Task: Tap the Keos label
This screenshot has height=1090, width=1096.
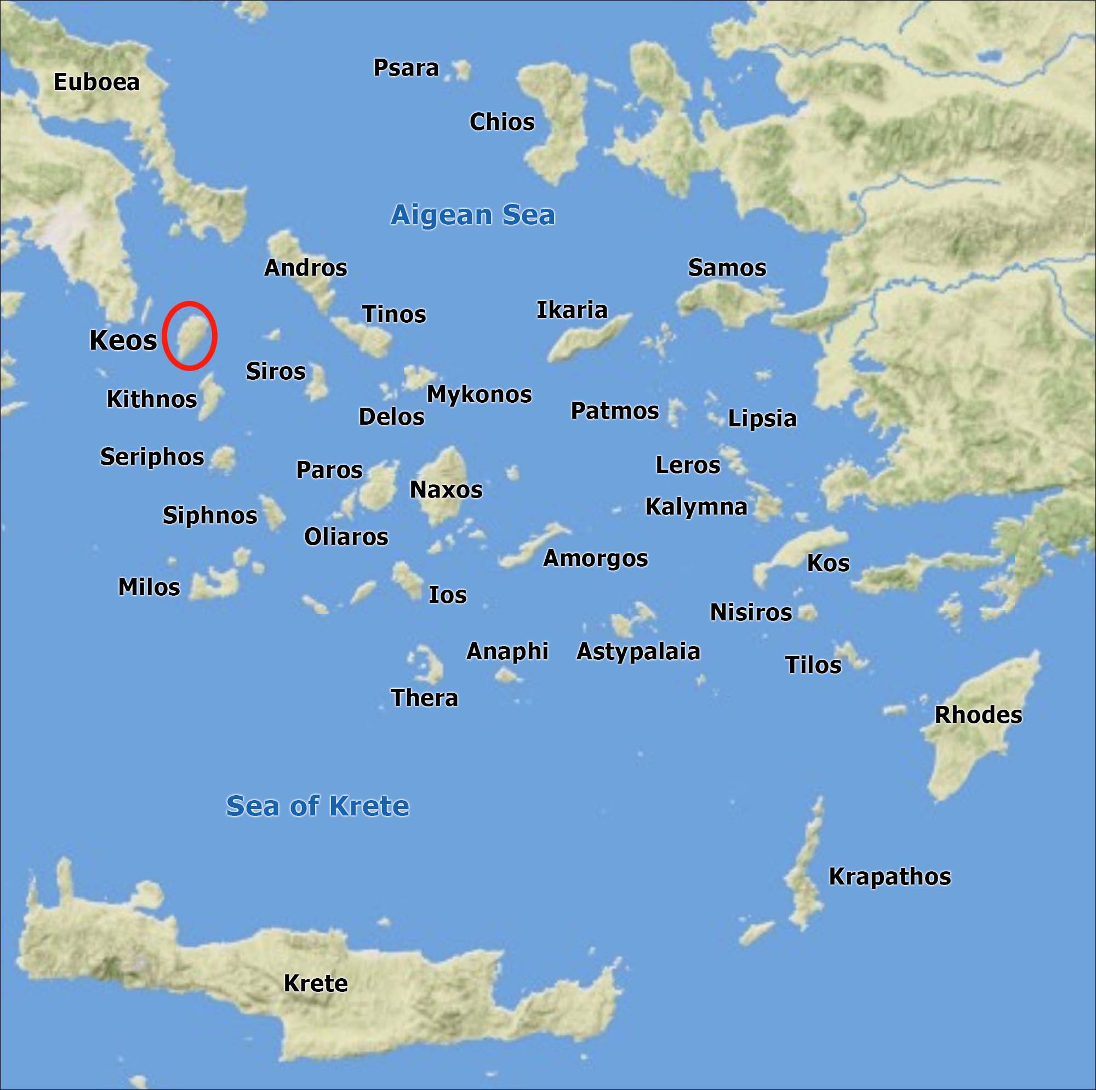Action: [x=123, y=340]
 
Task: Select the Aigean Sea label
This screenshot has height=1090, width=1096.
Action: [x=472, y=215]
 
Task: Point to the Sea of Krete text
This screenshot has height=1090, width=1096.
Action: [x=317, y=806]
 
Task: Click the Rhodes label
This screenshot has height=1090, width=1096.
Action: [x=978, y=715]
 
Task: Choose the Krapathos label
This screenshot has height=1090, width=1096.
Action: [x=889, y=877]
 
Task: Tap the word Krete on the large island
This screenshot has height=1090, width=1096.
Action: [x=316, y=983]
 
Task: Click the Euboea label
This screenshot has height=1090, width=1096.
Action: [x=96, y=82]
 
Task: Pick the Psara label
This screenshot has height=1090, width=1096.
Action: [x=406, y=68]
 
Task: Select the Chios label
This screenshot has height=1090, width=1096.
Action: [x=501, y=122]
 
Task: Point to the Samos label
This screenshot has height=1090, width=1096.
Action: [x=727, y=268]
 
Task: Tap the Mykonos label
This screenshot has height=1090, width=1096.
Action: [x=479, y=395]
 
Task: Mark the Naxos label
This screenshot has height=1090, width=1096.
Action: [x=446, y=490]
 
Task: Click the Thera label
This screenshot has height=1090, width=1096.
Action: [x=424, y=698]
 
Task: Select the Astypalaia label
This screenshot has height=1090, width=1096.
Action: [x=638, y=652]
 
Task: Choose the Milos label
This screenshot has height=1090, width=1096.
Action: [x=149, y=587]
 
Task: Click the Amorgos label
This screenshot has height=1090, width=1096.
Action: [x=595, y=558]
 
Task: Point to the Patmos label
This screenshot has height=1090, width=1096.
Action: [x=614, y=411]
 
